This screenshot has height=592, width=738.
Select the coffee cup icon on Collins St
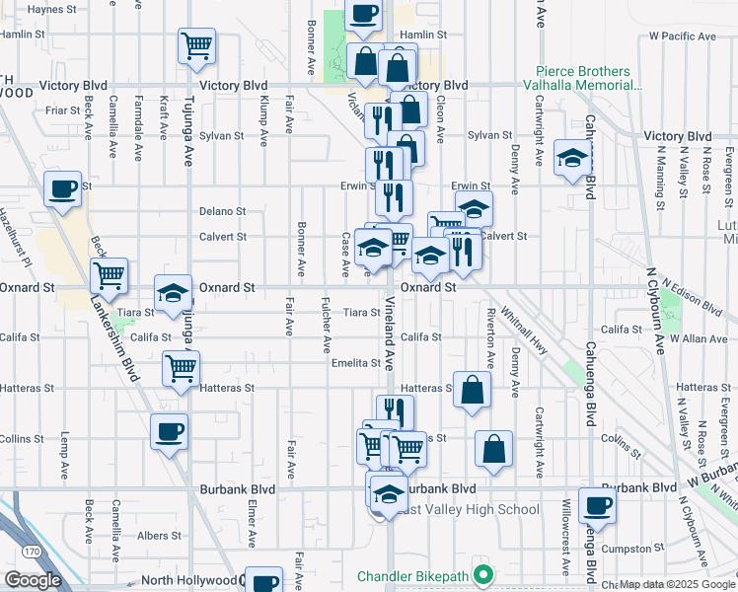click(x=169, y=431)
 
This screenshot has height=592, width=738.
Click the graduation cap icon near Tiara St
click(x=173, y=293)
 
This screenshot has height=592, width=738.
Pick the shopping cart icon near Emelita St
click(x=181, y=369)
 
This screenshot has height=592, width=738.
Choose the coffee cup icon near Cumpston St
click(x=596, y=506)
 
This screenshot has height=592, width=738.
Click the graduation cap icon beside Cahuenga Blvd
click(x=572, y=158)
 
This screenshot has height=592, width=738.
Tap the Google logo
click(x=33, y=580)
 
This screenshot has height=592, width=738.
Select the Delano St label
click(x=222, y=211)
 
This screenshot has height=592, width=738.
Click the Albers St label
click(x=160, y=536)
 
